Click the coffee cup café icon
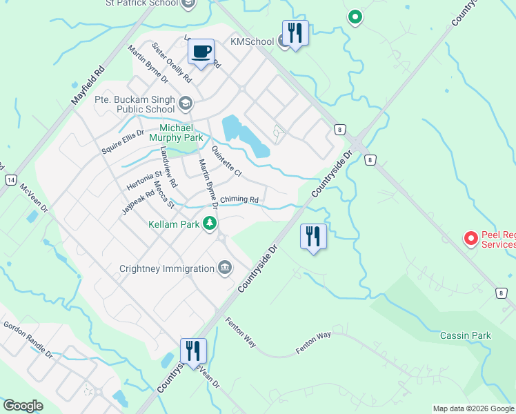[x=201, y=52]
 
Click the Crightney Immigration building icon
[x=224, y=268]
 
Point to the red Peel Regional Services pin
[x=471, y=239]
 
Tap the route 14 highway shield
[x=10, y=180]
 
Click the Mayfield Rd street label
[x=88, y=86]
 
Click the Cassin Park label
[x=466, y=336]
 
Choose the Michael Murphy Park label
[x=181, y=132]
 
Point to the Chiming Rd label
[x=239, y=200]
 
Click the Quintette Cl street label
[x=227, y=161]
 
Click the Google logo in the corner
[x=23, y=406]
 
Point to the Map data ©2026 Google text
[x=473, y=408]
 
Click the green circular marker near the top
[x=355, y=16]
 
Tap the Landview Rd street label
[x=168, y=167]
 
